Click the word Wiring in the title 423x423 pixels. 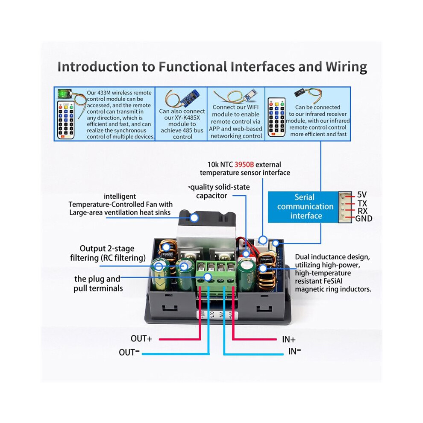click(x=346, y=67)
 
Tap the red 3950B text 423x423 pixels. click(x=244, y=164)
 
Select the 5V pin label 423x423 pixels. click(x=362, y=195)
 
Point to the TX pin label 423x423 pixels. click(x=362, y=203)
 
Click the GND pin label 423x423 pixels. click(x=364, y=218)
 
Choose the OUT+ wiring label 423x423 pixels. click(x=141, y=338)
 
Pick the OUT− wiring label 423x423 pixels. click(x=129, y=352)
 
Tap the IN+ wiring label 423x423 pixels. click(x=289, y=339)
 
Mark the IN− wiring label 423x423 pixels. click(x=294, y=351)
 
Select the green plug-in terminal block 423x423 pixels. click(x=215, y=274)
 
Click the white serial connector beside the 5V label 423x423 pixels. click(x=345, y=207)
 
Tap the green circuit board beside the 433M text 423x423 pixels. click(x=65, y=94)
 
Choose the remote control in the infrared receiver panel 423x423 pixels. click(x=276, y=117)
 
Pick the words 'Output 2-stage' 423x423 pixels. click(x=107, y=248)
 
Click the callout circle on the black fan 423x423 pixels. click(x=194, y=217)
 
